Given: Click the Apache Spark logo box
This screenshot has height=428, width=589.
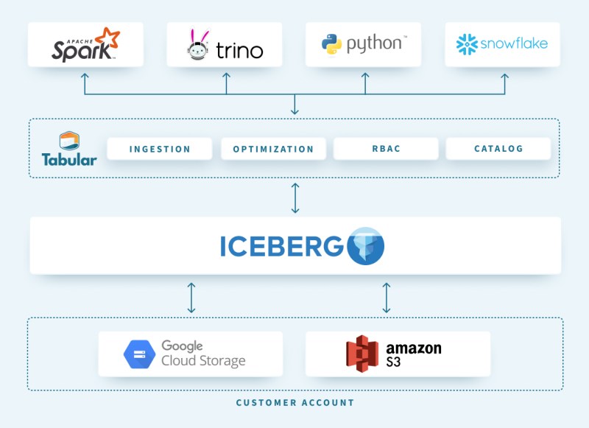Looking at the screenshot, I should tap(85, 44).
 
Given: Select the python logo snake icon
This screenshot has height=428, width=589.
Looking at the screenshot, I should tap(331, 44).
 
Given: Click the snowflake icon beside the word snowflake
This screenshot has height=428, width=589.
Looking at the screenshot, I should tap(467, 44).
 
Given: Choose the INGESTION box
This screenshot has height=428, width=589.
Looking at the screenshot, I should tap(160, 149).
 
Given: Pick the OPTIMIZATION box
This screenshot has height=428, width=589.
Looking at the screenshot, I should tap(273, 149).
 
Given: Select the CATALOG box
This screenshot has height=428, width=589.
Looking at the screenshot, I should tap(498, 149).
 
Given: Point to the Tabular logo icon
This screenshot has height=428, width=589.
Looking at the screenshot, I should tap(69, 140).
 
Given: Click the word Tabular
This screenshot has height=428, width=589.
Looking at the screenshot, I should tap(68, 159).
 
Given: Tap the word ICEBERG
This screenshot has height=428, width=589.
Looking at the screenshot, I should tap(281, 246).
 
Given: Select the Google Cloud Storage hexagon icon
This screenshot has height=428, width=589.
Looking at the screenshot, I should tap(139, 354).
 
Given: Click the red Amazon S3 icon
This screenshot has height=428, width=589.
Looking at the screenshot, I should tap(362, 354).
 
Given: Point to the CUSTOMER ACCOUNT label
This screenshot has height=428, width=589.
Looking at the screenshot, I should tap(294, 403).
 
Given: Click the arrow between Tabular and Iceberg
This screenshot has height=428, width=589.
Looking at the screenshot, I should tap(295, 197).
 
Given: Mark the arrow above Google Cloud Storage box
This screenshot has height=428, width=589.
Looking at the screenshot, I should tap(191, 297).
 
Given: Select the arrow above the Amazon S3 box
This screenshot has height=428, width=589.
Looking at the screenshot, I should tap(387, 297).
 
